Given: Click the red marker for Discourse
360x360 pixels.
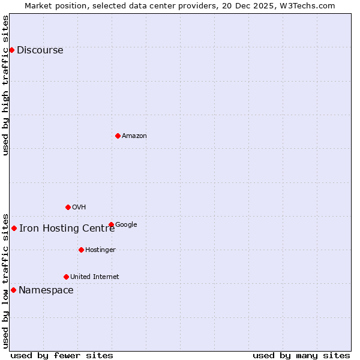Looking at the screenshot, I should [x=11, y=50].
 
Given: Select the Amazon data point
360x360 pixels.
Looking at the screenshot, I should [x=118, y=136].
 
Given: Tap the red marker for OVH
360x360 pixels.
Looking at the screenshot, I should [x=68, y=207].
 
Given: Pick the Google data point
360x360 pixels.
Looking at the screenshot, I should [x=111, y=224].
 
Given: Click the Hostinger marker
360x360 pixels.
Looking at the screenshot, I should [x=81, y=250].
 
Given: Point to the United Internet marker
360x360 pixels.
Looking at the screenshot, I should [x=66, y=277].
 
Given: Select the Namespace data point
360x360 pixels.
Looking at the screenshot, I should [x=13, y=290].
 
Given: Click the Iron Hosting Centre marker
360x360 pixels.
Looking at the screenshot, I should [x=14, y=228].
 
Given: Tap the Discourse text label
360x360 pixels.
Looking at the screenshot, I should [x=40, y=50].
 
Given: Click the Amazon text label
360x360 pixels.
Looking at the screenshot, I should [x=134, y=136].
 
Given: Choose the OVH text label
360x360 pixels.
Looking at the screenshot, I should [x=79, y=207].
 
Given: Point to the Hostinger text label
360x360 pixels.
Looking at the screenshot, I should [x=100, y=250].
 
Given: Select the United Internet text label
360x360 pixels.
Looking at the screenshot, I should [x=95, y=277].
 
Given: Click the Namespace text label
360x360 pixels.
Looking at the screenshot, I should [x=46, y=290].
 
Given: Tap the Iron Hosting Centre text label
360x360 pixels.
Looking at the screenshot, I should [x=67, y=228].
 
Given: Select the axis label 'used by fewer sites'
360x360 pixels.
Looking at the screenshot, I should [x=62, y=355].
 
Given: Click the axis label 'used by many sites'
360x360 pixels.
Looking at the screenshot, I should [x=301, y=355].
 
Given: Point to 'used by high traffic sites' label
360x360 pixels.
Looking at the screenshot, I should [x=6, y=85].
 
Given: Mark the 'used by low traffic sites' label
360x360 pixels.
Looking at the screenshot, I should [x=6, y=280].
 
